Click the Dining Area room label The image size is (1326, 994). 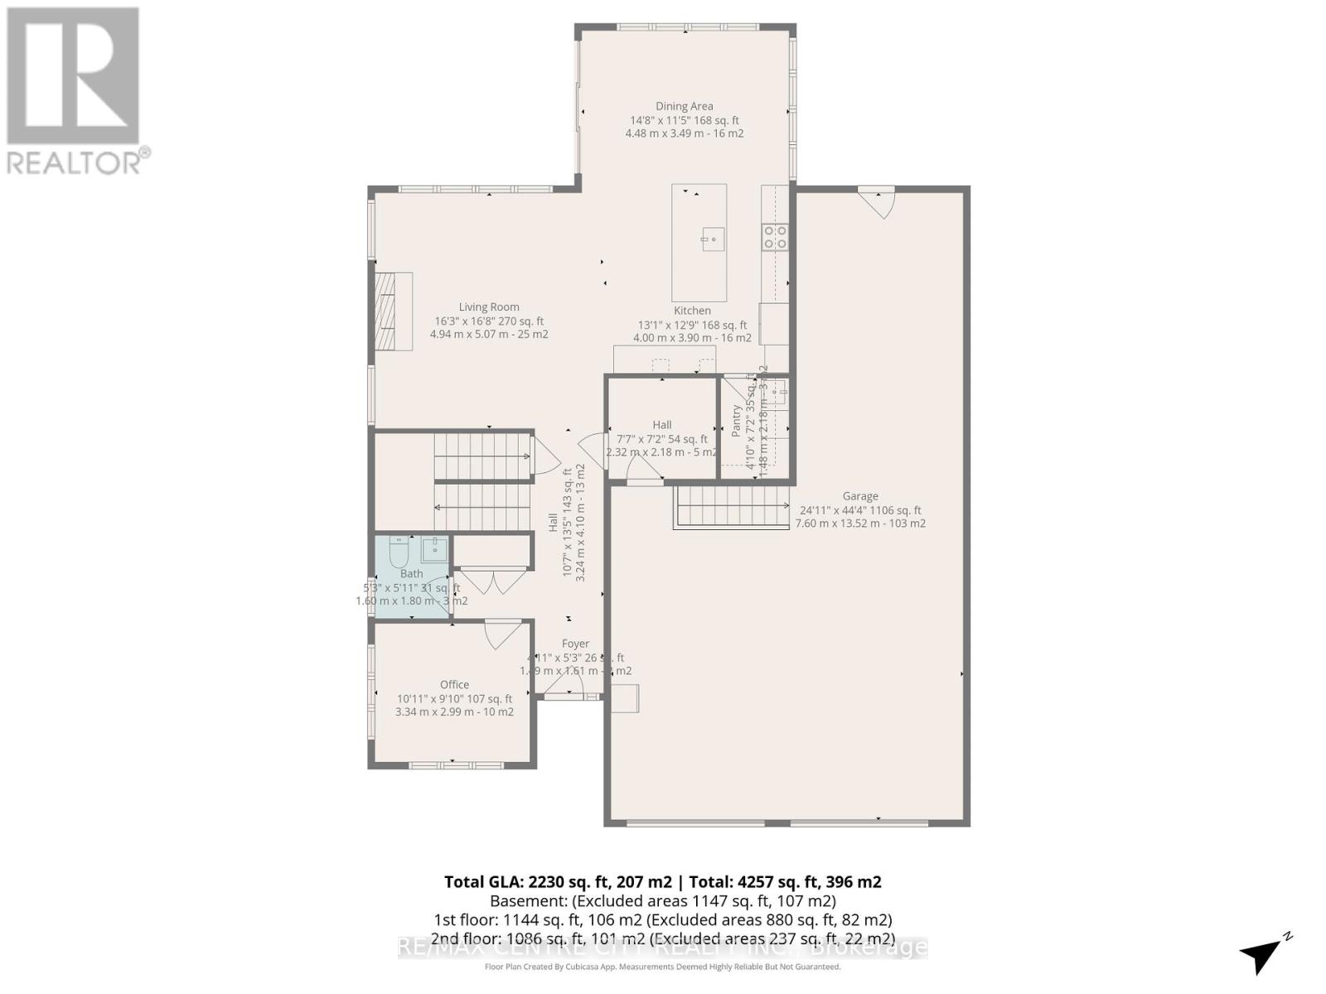(x=684, y=106)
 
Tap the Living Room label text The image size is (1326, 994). (x=489, y=307)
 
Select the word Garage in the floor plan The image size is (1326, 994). (x=860, y=496)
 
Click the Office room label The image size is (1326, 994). (x=454, y=684)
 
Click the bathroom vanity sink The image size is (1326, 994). (x=434, y=548)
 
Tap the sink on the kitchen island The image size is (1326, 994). (x=712, y=239)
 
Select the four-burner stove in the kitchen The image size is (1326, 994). (x=776, y=237)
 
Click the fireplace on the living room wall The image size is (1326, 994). (x=393, y=311)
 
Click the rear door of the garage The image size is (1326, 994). (x=878, y=201)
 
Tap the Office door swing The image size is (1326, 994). (x=500, y=634)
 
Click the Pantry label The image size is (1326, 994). (x=736, y=420)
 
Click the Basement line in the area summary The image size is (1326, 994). (x=663, y=901)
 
